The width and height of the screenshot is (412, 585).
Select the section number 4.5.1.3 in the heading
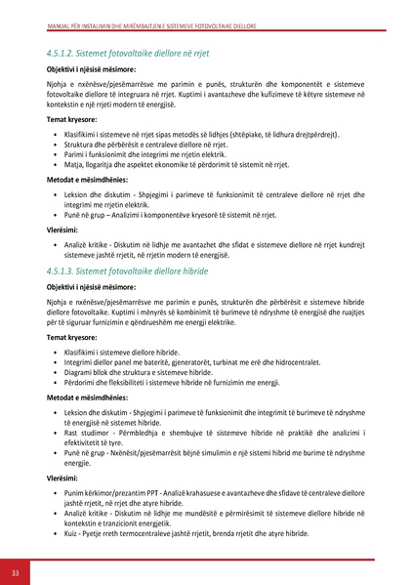(x=60, y=268)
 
